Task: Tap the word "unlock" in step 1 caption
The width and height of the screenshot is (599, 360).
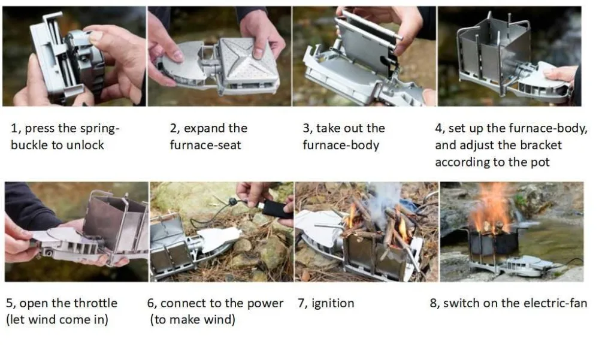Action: [x=85, y=145]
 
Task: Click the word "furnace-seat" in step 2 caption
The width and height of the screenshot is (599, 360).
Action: [x=205, y=145]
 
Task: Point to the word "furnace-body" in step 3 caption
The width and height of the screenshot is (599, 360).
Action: [x=341, y=145]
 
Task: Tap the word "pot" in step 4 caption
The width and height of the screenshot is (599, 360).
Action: [x=540, y=162]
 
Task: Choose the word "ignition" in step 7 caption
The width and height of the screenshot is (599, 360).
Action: [x=332, y=304]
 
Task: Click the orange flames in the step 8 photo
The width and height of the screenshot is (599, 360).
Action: [x=491, y=207]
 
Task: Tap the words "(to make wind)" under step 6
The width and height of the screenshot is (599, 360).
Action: [x=192, y=319]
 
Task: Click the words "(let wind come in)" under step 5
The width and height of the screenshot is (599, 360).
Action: [x=58, y=319]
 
